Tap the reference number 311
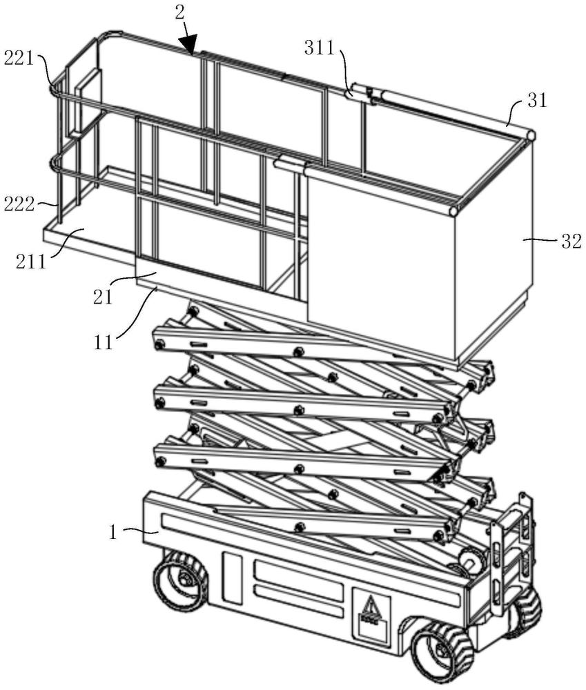[320, 48]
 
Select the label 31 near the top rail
[537, 101]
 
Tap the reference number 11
[104, 342]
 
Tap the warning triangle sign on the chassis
[371, 607]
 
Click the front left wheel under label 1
[181, 579]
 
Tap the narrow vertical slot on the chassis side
[233, 579]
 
